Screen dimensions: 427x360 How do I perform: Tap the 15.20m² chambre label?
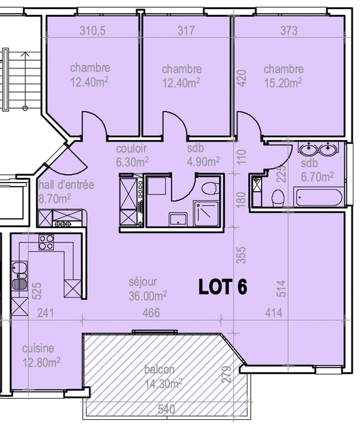pos(283,75)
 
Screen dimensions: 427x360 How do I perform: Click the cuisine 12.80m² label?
pos(41,355)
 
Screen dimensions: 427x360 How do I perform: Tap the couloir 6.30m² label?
pos(132,155)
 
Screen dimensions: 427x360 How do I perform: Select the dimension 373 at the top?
pos(289,31)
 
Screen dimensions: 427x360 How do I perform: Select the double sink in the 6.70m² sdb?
pos(318,149)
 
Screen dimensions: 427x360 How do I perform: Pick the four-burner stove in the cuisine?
pos(47,242)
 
